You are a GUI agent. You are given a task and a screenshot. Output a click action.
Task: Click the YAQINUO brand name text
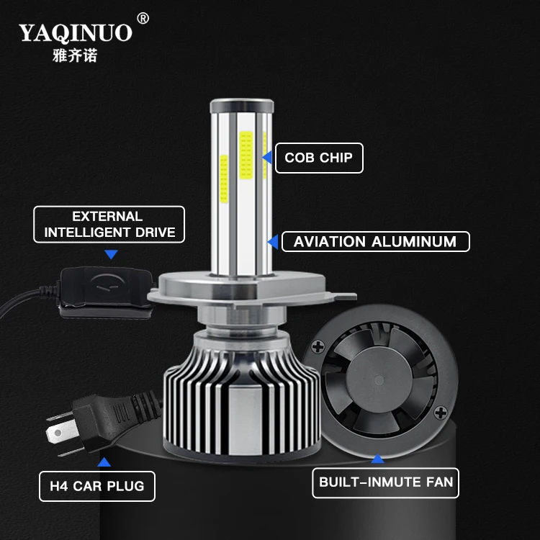[76, 32]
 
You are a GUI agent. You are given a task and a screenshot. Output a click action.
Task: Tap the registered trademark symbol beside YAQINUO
[143, 18]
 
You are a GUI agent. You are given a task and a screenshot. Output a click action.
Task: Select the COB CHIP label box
[319, 158]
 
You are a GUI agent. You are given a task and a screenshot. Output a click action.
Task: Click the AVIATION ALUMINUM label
[375, 241]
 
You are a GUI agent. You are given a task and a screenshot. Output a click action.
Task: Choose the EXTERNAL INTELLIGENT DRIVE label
[108, 225]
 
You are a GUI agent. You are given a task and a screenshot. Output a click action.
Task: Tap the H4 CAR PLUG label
[97, 486]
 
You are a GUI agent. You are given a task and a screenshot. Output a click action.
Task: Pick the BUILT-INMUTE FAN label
[385, 482]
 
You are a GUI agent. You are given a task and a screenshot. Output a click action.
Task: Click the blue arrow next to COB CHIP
[266, 157]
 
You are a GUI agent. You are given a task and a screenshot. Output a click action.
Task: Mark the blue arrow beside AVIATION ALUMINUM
[272, 241]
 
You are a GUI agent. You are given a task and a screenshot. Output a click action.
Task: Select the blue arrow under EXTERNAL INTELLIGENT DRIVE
[111, 254]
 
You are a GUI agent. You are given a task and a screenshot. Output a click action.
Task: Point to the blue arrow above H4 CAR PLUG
[105, 462]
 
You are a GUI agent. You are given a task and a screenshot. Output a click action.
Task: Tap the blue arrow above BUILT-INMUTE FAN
[377, 457]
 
